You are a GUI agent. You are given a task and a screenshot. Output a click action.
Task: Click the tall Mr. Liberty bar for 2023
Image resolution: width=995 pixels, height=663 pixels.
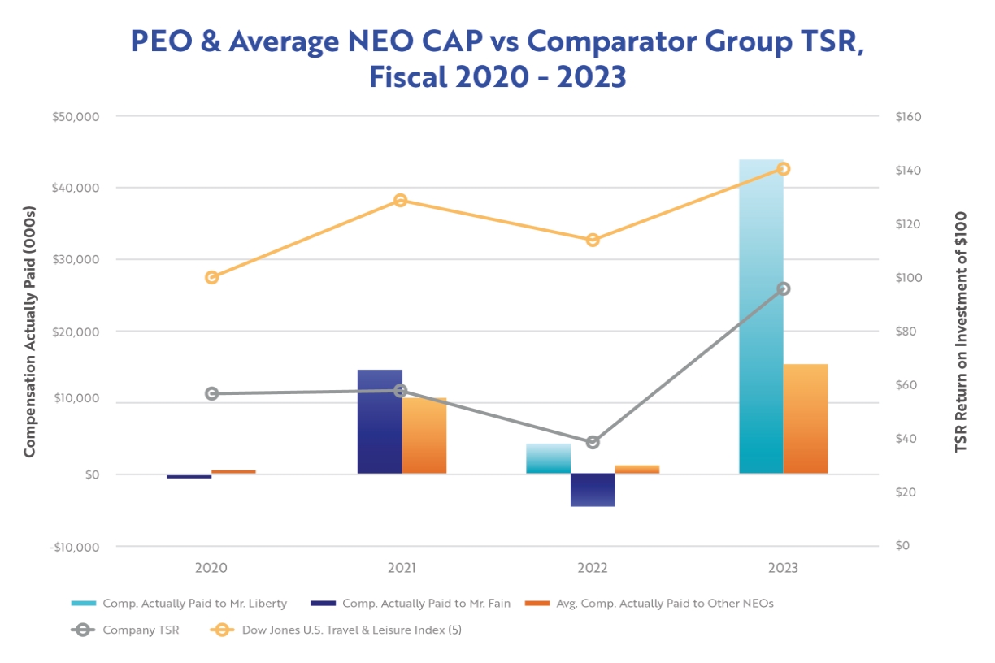click(761, 317)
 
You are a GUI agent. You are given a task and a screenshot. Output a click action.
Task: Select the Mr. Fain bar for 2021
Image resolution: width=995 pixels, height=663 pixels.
click(380, 422)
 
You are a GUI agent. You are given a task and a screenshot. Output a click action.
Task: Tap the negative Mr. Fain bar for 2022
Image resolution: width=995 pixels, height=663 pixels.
click(593, 490)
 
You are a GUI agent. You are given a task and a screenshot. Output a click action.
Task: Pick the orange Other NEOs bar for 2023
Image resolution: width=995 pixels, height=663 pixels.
click(805, 418)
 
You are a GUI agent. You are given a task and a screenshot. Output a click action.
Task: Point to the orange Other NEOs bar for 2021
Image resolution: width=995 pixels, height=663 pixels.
click(424, 435)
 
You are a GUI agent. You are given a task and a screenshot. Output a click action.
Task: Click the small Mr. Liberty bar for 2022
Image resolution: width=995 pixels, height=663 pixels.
click(548, 458)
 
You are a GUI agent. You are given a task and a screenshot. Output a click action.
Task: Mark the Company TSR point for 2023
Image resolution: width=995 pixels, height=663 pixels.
click(783, 288)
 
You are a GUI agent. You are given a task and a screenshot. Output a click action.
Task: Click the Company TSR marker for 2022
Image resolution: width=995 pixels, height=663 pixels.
click(593, 442)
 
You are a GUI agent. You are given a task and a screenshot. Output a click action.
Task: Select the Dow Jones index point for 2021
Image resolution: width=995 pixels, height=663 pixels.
click(400, 201)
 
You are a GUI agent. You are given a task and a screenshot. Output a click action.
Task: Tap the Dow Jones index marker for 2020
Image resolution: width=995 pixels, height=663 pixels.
click(212, 277)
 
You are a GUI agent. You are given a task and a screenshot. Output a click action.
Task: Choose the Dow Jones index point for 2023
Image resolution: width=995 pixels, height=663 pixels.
click(783, 169)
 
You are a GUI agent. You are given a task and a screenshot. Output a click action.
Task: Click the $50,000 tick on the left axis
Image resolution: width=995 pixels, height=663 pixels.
click(75, 116)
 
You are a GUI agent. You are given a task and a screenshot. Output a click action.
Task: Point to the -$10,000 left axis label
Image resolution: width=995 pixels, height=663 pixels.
click(75, 546)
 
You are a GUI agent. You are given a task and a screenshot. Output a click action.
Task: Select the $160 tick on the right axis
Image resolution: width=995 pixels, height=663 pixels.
click(907, 116)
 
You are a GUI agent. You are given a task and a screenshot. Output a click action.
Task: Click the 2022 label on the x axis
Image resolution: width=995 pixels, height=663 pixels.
click(593, 568)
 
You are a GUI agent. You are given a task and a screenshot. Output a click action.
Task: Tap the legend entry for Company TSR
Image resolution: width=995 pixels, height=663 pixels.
click(125, 630)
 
